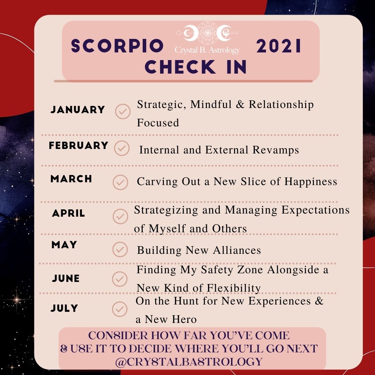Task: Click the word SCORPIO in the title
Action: (117, 46)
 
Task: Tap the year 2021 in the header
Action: (278, 46)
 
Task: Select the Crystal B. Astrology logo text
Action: (207, 50)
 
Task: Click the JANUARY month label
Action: (78, 110)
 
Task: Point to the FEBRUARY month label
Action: (78, 145)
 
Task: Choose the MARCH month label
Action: (71, 179)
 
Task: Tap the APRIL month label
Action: (68, 213)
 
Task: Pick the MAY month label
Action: (64, 245)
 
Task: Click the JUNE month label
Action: (66, 278)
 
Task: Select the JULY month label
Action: (64, 308)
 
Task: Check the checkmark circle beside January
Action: (123, 111)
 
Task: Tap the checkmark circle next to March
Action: (120, 182)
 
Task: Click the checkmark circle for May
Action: (120, 249)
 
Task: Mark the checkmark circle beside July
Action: (119, 309)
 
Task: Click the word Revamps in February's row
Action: (276, 150)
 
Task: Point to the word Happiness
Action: (311, 182)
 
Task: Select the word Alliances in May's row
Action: (237, 250)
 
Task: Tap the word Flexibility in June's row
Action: (233, 288)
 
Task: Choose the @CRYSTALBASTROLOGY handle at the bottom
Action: (189, 361)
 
